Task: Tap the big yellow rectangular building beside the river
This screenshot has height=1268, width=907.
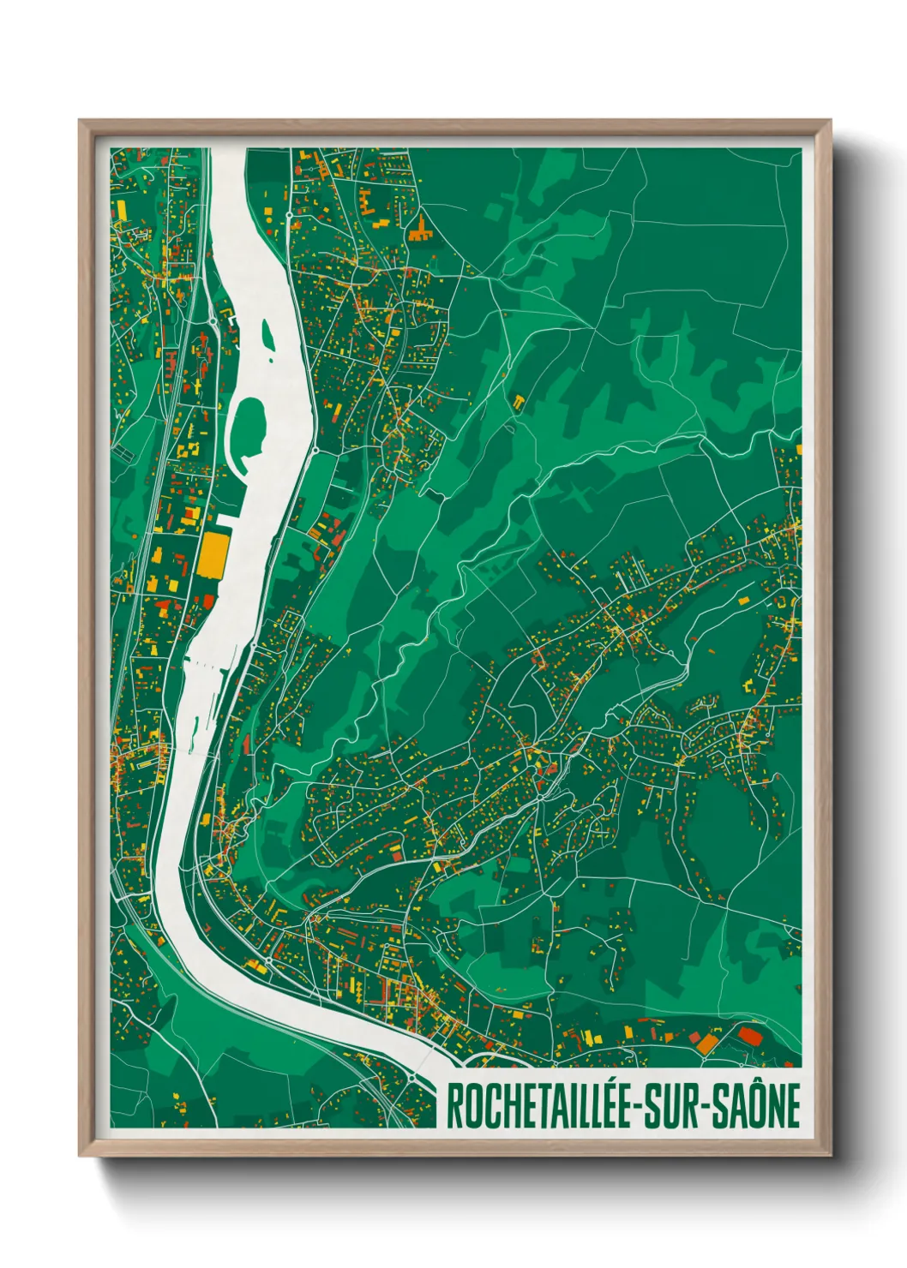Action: click(212, 555)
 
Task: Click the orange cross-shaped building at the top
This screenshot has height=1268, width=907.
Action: click(420, 229)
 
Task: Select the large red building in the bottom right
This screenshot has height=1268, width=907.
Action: click(750, 1037)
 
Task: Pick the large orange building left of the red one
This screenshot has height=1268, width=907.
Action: click(706, 1044)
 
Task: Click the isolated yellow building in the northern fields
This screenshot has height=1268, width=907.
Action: click(519, 400)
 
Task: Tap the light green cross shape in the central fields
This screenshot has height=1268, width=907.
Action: click(581, 496)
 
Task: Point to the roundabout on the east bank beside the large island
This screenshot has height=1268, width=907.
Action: click(315, 449)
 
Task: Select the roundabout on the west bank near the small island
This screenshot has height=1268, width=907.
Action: click(212, 320)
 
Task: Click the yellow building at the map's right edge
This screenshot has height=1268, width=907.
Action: click(798, 448)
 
